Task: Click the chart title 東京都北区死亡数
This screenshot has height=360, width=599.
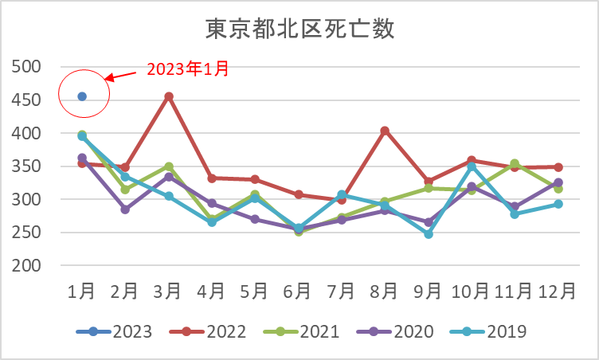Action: click(x=299, y=29)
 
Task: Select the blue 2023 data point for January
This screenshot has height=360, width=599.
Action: click(x=82, y=96)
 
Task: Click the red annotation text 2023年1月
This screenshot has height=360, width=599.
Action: click(x=188, y=68)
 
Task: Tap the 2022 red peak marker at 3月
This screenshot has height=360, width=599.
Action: click(x=169, y=96)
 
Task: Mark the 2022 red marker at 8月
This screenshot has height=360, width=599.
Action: click(x=385, y=131)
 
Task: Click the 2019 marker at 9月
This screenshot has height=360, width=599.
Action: click(x=429, y=234)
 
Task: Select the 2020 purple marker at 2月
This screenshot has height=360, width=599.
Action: click(x=125, y=209)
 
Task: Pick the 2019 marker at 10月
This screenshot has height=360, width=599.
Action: click(x=472, y=166)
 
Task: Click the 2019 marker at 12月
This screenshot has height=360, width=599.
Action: click(x=558, y=204)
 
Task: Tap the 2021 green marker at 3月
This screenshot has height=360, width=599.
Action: click(x=169, y=166)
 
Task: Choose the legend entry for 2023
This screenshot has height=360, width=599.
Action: click(x=114, y=331)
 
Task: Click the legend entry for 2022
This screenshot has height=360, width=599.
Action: click(x=207, y=331)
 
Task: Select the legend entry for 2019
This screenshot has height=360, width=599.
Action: click(x=487, y=331)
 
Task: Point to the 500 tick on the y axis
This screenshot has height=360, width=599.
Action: click(x=26, y=67)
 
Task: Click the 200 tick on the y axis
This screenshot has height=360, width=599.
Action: click(x=26, y=265)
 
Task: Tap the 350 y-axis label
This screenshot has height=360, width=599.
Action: click(x=26, y=166)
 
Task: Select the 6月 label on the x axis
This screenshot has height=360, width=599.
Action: click(x=297, y=292)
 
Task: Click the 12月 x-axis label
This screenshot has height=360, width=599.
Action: click(x=557, y=292)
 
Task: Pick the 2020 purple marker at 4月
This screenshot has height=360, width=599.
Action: click(x=212, y=203)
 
